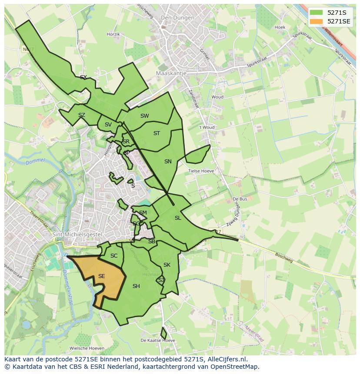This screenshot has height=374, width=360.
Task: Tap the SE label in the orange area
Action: point(101,276)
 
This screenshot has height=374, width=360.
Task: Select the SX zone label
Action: point(83,77)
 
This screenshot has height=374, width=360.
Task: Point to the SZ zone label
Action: point(81,115)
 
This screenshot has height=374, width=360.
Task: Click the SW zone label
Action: point(144,116)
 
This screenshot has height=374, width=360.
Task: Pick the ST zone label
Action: point(157,133)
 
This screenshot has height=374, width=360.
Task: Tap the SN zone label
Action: point(168,162)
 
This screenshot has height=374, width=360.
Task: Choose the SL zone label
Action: point(177,218)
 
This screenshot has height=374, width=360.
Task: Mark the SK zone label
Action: point(167,265)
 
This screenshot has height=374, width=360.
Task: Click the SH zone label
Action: point(136,286)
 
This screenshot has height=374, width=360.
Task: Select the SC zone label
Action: point(114,256)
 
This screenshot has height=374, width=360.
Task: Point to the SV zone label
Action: point(108,125)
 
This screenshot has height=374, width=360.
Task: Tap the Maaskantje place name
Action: point(171,73)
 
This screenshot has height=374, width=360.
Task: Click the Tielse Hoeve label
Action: point(201,171)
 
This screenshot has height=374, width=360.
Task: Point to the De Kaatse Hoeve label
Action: point(158,340)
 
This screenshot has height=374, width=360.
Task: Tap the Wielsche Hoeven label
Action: point(87,348)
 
